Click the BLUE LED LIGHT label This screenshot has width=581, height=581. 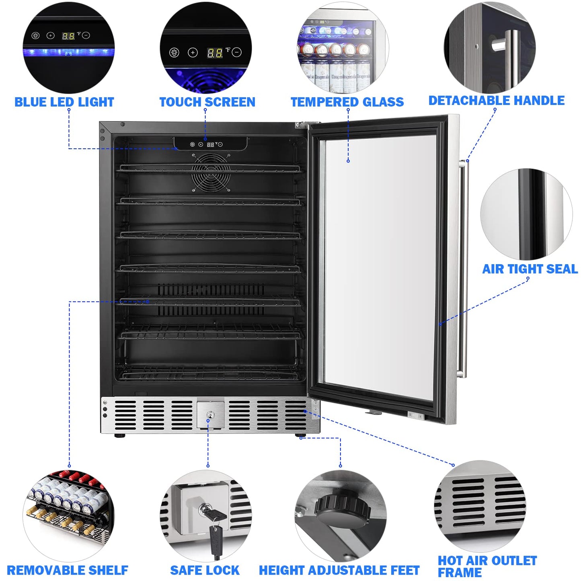[x=64, y=102]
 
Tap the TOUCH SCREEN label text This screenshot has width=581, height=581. [x=207, y=102]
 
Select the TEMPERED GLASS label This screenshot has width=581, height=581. [x=347, y=102]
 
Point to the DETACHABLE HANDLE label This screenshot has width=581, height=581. [x=496, y=101]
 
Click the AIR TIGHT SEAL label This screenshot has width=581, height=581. [x=530, y=269]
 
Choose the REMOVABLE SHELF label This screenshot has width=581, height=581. [x=68, y=570]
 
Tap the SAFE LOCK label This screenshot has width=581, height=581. [x=205, y=570]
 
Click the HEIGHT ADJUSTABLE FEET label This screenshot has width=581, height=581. [x=339, y=570]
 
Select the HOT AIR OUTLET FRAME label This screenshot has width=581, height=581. [x=487, y=566]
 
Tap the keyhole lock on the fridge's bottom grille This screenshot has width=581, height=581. [x=210, y=415]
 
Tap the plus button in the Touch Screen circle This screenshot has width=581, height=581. [x=193, y=53]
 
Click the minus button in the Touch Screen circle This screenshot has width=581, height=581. [x=237, y=52]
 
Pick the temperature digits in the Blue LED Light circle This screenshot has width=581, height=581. [x=68, y=36]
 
